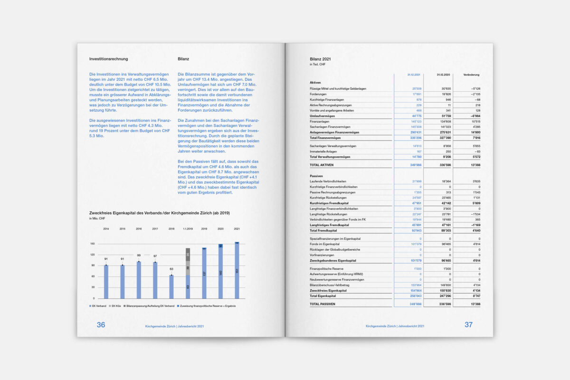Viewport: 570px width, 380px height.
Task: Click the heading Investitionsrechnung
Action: pos(108,59)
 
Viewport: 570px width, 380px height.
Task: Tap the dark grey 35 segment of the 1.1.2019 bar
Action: pos(188,254)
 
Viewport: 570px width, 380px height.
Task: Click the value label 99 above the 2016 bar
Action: pos(138,255)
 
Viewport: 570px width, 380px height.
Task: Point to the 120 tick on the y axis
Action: pos(93,255)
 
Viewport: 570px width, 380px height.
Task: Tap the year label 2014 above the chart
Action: pos(106,229)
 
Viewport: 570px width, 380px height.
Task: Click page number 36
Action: pos(101,325)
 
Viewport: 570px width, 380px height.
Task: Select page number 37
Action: pos(468,325)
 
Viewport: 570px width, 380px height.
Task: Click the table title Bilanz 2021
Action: pos(320,59)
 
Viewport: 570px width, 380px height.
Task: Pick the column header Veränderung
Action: pos(471,75)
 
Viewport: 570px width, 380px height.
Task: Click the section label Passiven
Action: pos(316,176)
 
